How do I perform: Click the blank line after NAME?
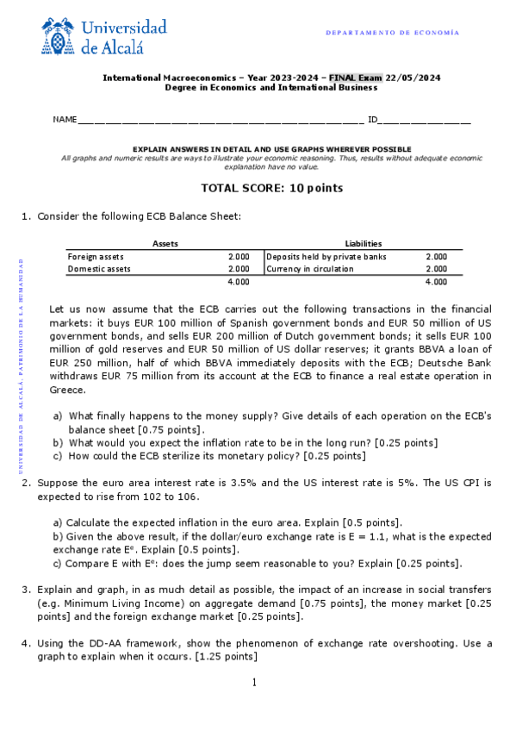pyautogui.click(x=220, y=120)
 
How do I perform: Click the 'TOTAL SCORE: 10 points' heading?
pyautogui.click(x=271, y=188)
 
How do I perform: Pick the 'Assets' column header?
pyautogui.click(x=165, y=244)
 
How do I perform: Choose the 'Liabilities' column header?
pyautogui.click(x=363, y=244)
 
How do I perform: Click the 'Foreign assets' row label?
pyautogui.click(x=96, y=257)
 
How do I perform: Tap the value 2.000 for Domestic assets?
pyautogui.click(x=239, y=269)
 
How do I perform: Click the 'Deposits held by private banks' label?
pyautogui.click(x=326, y=257)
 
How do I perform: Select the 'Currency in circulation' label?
pyautogui.click(x=310, y=269)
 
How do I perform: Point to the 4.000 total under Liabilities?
pyautogui.click(x=436, y=282)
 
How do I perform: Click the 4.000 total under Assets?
pyautogui.click(x=239, y=282)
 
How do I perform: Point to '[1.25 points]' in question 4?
pyautogui.click(x=227, y=657)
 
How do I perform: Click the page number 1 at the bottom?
pyautogui.click(x=255, y=684)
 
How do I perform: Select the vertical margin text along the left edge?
pyautogui.click(x=22, y=365)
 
